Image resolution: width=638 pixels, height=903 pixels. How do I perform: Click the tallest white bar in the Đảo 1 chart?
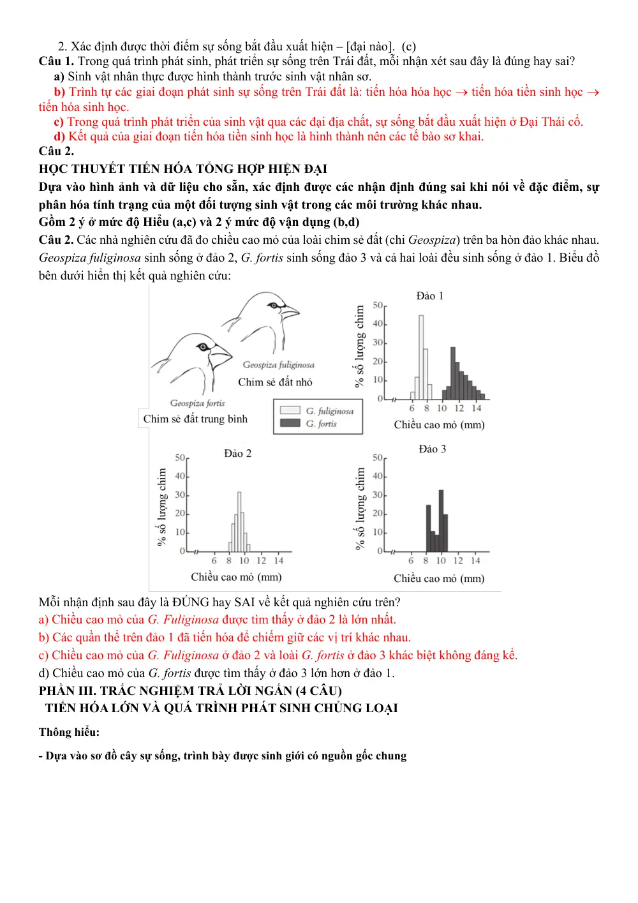(x=421, y=357)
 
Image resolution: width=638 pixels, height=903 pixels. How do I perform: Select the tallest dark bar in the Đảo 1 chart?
(x=453, y=373)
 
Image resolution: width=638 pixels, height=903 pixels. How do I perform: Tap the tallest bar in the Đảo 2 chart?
(x=239, y=521)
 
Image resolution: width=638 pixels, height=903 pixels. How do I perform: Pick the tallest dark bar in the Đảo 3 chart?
(x=441, y=521)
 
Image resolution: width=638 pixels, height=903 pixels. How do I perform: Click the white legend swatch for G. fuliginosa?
(x=290, y=410)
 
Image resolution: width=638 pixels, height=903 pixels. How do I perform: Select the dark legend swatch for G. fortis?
(x=290, y=422)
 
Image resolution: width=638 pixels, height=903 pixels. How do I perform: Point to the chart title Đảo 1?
(x=429, y=296)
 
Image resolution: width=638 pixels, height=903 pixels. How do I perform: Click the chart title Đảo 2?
(x=238, y=453)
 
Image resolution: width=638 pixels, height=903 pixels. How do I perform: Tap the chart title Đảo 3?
(x=432, y=449)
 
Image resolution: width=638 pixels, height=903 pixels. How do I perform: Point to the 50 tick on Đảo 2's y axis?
(x=180, y=458)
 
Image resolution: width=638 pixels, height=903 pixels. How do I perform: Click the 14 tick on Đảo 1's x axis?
(x=477, y=408)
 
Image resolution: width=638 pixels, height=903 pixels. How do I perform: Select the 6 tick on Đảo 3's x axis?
(x=411, y=560)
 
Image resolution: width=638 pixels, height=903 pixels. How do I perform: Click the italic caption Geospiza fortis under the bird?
(x=198, y=403)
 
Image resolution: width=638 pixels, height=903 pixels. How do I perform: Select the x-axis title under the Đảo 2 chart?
(x=236, y=577)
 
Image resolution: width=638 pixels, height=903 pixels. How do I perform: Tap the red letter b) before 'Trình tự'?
(x=59, y=92)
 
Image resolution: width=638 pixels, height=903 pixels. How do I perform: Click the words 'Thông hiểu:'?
(x=69, y=732)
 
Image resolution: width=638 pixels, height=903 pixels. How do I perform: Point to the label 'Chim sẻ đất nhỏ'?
(x=275, y=382)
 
